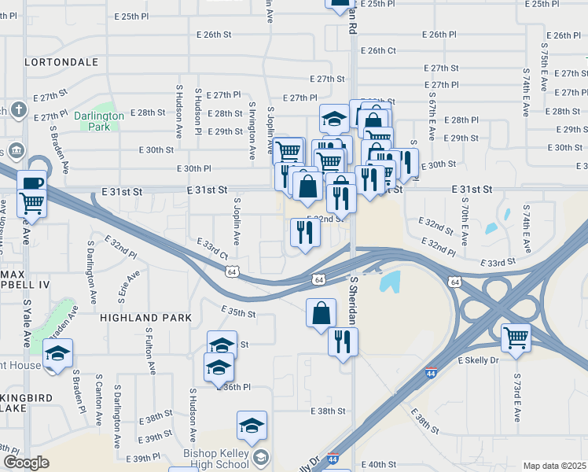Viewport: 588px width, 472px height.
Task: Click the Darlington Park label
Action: coord(99,120)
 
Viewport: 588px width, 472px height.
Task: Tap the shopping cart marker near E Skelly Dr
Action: coord(516,338)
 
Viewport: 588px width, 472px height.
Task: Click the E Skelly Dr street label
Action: coord(478,360)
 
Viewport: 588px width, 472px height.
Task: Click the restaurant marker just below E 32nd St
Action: coord(304,232)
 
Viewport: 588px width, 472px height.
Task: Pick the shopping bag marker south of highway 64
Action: coord(321,313)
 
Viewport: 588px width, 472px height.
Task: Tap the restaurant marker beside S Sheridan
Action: coord(343,341)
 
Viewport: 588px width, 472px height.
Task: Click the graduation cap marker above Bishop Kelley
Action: coord(252,426)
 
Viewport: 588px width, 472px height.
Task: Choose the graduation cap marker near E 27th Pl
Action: coord(334,120)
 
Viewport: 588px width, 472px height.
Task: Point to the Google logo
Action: coord(26,463)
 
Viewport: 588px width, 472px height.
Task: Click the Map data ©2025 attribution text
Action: coord(554,466)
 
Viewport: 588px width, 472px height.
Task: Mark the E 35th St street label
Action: coord(239,312)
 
